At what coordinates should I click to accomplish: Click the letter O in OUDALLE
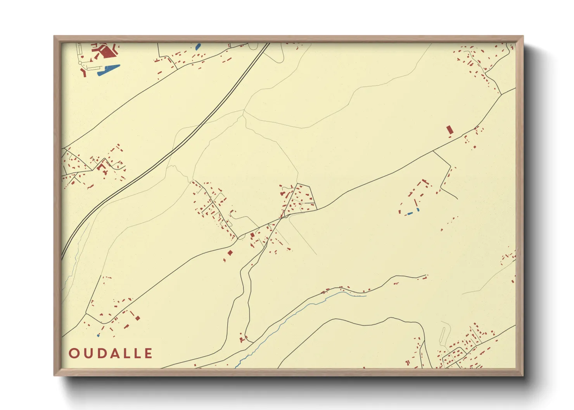(74, 353)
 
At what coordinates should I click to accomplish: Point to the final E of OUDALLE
(149, 353)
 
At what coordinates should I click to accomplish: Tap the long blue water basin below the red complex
(109, 70)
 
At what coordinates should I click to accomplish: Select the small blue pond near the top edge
(198, 47)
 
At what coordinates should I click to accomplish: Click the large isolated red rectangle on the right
(450, 130)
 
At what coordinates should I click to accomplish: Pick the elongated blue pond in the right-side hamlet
(409, 214)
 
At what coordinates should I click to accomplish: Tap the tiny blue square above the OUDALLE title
(98, 335)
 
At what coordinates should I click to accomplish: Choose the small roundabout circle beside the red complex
(81, 63)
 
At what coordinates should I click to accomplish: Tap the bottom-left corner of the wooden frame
(55, 375)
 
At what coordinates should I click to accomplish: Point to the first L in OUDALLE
(126, 353)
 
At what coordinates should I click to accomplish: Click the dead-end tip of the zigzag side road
(458, 199)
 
